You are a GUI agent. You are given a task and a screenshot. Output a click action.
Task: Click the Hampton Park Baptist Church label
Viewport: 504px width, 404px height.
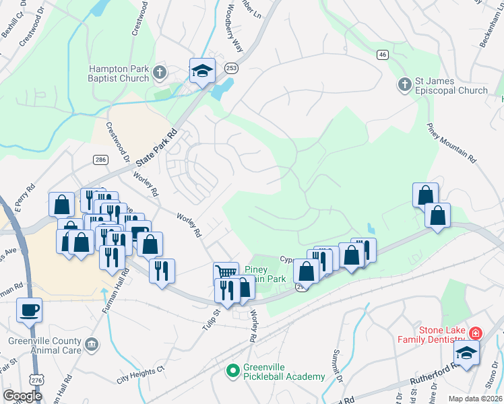tap(119, 73)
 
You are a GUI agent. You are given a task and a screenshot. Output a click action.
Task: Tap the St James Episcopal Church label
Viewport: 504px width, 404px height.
tap(451, 86)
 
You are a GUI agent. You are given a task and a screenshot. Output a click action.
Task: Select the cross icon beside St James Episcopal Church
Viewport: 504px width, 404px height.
tap(404, 84)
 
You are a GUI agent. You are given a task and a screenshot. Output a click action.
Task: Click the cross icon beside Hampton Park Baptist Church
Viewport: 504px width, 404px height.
tap(160, 71)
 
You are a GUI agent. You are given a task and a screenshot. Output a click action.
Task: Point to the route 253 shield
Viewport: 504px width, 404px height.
tap(232, 68)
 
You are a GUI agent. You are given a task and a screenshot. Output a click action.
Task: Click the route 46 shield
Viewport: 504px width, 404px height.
tap(382, 54)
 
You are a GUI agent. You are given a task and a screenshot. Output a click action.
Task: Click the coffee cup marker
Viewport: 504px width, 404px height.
tap(30, 310)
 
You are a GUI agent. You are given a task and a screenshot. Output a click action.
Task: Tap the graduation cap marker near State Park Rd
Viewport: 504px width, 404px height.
tap(201, 70)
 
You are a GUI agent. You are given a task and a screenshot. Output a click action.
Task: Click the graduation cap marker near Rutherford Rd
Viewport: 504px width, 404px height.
tap(466, 352)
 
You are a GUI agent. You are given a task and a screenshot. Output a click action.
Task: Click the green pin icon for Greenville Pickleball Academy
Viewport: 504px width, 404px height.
tap(232, 370)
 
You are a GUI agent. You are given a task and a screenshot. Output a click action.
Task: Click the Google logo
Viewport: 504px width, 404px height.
tap(22, 396)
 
